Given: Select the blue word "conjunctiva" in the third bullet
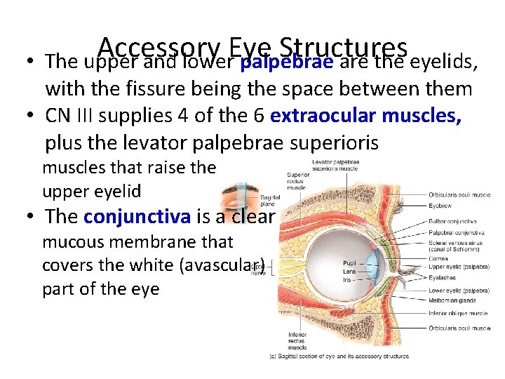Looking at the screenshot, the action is (137, 216).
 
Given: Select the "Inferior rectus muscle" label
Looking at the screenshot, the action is (297, 340).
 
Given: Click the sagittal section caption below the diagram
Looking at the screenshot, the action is (339, 357).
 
